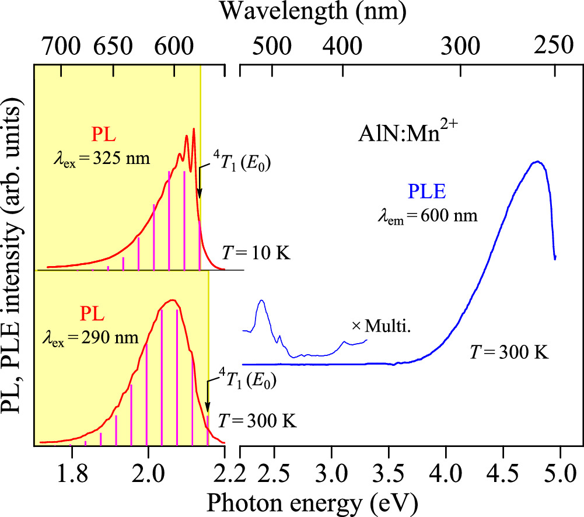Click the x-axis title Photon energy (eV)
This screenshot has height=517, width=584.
309,501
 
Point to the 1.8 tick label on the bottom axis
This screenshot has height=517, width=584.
71,471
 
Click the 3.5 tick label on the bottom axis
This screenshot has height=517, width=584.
389,471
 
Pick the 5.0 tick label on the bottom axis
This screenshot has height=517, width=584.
561,471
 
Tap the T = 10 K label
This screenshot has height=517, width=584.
256,253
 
